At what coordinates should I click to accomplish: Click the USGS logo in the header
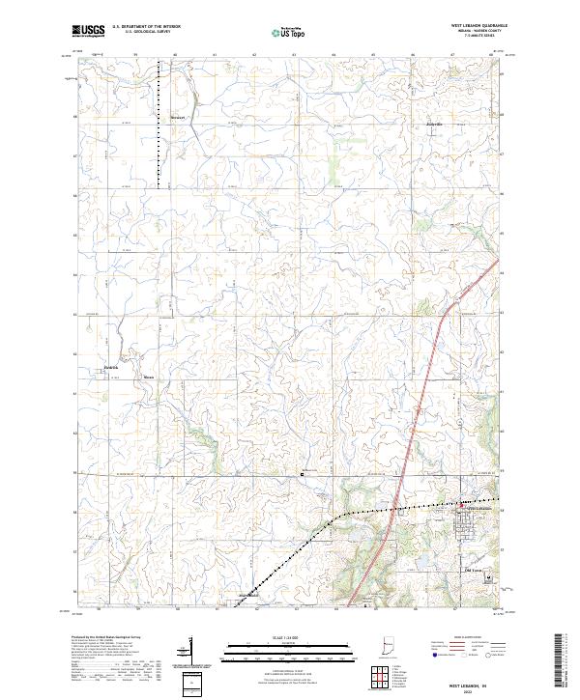tap(89, 31)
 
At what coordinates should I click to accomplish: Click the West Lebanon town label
tap(480, 508)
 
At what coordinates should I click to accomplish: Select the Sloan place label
tap(148, 377)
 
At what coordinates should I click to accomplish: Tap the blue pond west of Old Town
tap(422, 558)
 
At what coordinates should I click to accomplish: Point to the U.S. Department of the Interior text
tap(146, 27)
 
